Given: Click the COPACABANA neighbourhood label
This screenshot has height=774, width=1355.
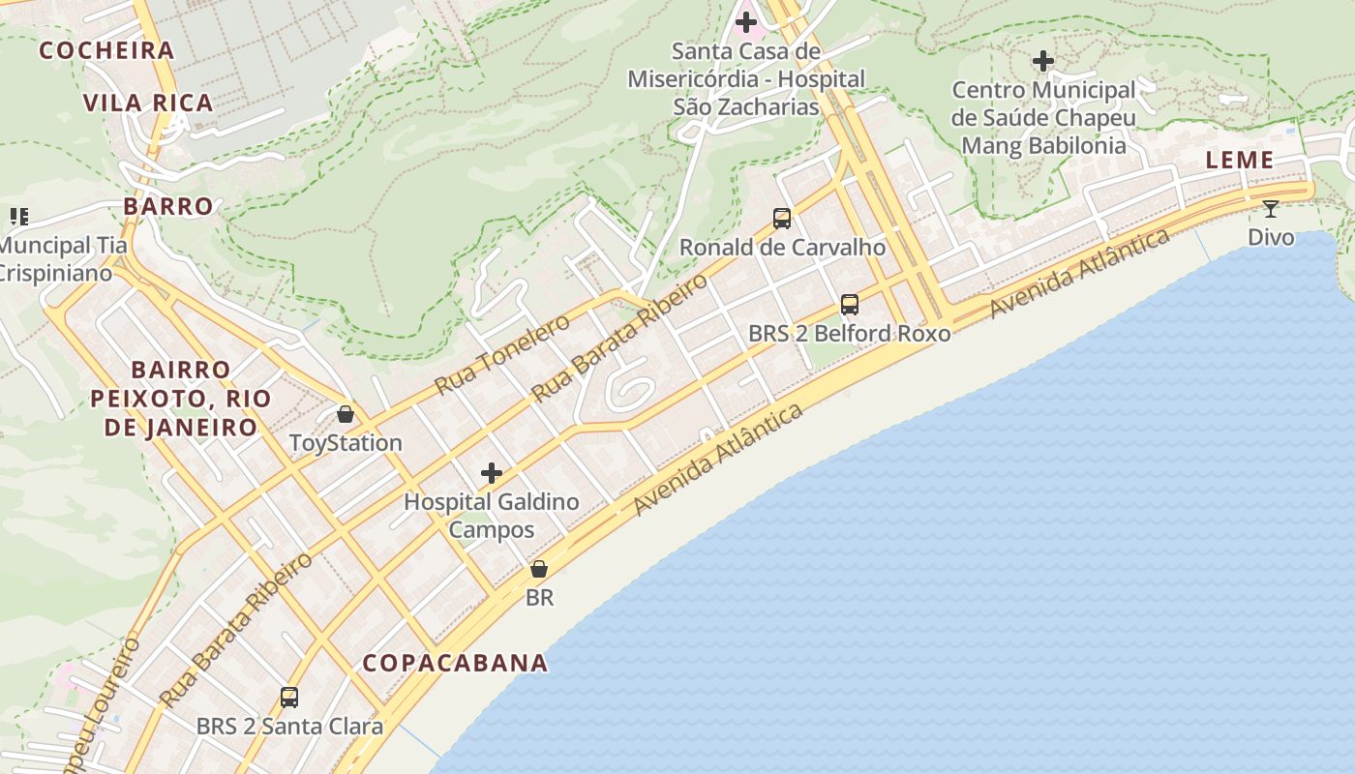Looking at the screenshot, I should tap(455, 664).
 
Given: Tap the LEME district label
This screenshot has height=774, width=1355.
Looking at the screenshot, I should tap(1240, 161).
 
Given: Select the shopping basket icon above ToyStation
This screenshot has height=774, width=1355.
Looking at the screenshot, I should tap(346, 415).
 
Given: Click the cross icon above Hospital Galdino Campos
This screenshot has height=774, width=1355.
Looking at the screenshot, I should tap(492, 473).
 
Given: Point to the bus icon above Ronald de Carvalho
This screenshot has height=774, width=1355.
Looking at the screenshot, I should tap(782, 219).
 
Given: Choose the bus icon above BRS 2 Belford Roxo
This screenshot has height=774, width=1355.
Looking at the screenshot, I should tap(850, 305).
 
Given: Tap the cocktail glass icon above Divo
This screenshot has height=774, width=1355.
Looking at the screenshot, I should tap(1271, 208).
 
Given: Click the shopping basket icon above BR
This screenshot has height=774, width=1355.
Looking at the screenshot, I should tap(539, 569).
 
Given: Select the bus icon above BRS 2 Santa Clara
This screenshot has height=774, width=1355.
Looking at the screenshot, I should tap(289, 697).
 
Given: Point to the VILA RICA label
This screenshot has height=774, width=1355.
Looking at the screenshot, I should tap(148, 104).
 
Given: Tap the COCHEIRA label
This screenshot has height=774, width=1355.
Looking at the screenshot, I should tap(106, 50).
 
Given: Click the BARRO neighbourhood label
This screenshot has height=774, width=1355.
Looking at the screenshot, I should tap(168, 206).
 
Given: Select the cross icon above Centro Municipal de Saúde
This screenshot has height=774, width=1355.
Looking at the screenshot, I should tap(1043, 61).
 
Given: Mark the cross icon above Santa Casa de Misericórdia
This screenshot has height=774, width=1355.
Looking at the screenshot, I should tap(746, 20).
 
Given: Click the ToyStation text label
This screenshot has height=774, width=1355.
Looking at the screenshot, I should tap(346, 443).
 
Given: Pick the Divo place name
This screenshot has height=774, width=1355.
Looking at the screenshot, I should tap(1271, 237).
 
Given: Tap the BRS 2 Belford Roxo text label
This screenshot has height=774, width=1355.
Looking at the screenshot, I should tap(850, 334).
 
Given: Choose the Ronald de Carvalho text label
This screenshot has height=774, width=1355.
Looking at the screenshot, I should tap(782, 248).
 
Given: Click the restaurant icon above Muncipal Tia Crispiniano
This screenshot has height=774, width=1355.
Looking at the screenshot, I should tap(19, 216).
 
